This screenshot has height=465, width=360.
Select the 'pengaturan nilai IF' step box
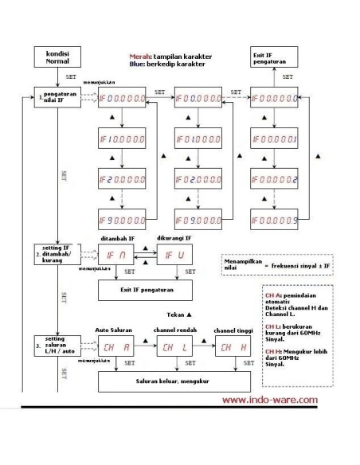tap(55, 99)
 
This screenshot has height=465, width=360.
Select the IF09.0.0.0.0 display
tap(198, 219)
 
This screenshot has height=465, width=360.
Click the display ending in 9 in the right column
tap(276, 219)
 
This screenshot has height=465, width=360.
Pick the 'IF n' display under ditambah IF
tap(116, 255)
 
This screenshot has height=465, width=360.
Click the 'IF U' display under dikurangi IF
tap(174, 255)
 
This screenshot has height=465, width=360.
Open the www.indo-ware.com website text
tap(270, 401)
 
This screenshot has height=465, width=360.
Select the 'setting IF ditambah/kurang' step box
tap(55, 255)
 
